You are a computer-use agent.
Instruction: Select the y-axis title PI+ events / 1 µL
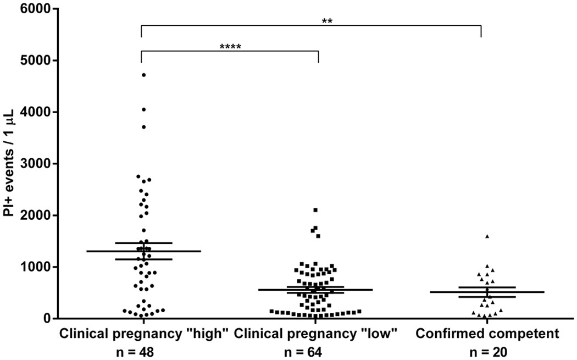pyautogui.click(x=10, y=163)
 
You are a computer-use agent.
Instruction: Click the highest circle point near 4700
pyautogui.click(x=144, y=75)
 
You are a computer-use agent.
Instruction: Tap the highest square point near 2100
pyautogui.click(x=315, y=211)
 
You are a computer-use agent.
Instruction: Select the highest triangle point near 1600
pyautogui.click(x=487, y=236)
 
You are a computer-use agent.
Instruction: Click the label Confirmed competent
pyautogui.click(x=487, y=333)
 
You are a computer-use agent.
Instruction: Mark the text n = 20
pyautogui.click(x=487, y=348)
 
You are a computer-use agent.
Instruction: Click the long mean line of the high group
pyautogui.click(x=110, y=251)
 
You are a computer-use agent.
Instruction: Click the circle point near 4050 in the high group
pyautogui.click(x=144, y=110)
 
